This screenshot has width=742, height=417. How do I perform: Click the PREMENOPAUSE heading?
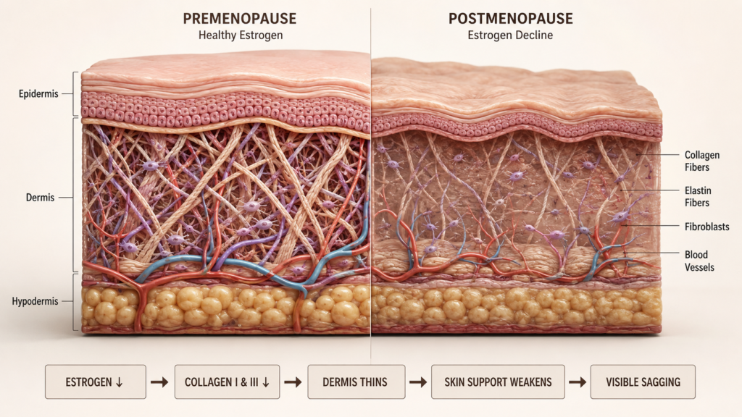tap(239, 18)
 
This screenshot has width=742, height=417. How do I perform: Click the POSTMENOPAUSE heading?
tap(511, 18)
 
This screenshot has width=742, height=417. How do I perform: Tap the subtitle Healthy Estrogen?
tap(241, 35)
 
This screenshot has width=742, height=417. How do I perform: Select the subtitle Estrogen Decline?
tap(510, 35)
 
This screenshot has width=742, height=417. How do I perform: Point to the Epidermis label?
tap(38, 93)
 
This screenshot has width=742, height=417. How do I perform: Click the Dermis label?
tap(41, 198)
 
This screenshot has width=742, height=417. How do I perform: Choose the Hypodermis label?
tap(35, 301)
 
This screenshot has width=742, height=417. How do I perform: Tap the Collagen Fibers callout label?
tap(701, 161)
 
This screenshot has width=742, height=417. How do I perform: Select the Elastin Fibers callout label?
tap(698, 197)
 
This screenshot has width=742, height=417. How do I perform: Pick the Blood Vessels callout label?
tap(699, 261)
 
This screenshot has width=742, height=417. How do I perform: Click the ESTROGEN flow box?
tap(96, 382)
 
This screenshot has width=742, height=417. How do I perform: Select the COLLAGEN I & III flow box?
tap(227, 382)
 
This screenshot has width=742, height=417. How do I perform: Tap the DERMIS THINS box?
tap(357, 382)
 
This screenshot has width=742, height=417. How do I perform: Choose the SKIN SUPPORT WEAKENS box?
tap(498, 382)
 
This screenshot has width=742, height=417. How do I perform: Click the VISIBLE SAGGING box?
tap(643, 382)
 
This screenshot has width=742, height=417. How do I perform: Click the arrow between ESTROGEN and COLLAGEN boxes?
tap(159, 382)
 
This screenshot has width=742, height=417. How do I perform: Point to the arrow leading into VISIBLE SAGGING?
tap(578, 382)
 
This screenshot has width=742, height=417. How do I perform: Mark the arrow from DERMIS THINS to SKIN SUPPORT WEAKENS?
tap(418, 382)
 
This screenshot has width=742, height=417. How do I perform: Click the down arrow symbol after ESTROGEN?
tap(120, 382)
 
